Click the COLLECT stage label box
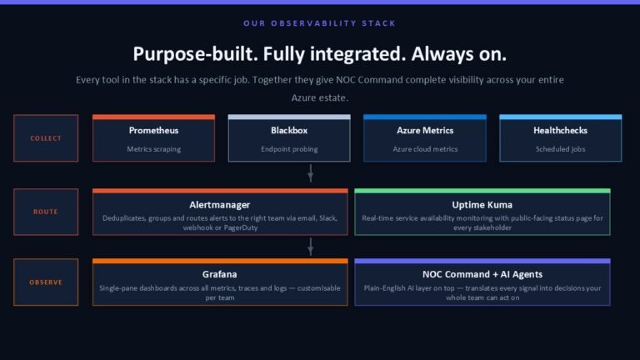(46, 138)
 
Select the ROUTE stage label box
(46, 212)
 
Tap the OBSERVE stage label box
(46, 282)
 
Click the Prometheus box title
(153, 131)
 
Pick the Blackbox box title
(289, 131)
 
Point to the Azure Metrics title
(425, 131)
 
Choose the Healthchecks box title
(560, 131)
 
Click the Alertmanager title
(220, 205)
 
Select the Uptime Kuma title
(482, 205)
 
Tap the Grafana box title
(220, 274)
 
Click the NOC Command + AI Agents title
(482, 274)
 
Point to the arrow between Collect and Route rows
(311, 173)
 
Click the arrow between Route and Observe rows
(311, 247)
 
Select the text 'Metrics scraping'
(153, 149)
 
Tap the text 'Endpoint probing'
(289, 149)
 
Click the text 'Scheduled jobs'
(560, 149)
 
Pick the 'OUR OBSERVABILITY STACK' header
(320, 23)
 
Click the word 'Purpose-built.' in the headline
(196, 54)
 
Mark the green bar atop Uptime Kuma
(482, 191)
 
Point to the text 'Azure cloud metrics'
(425, 149)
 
